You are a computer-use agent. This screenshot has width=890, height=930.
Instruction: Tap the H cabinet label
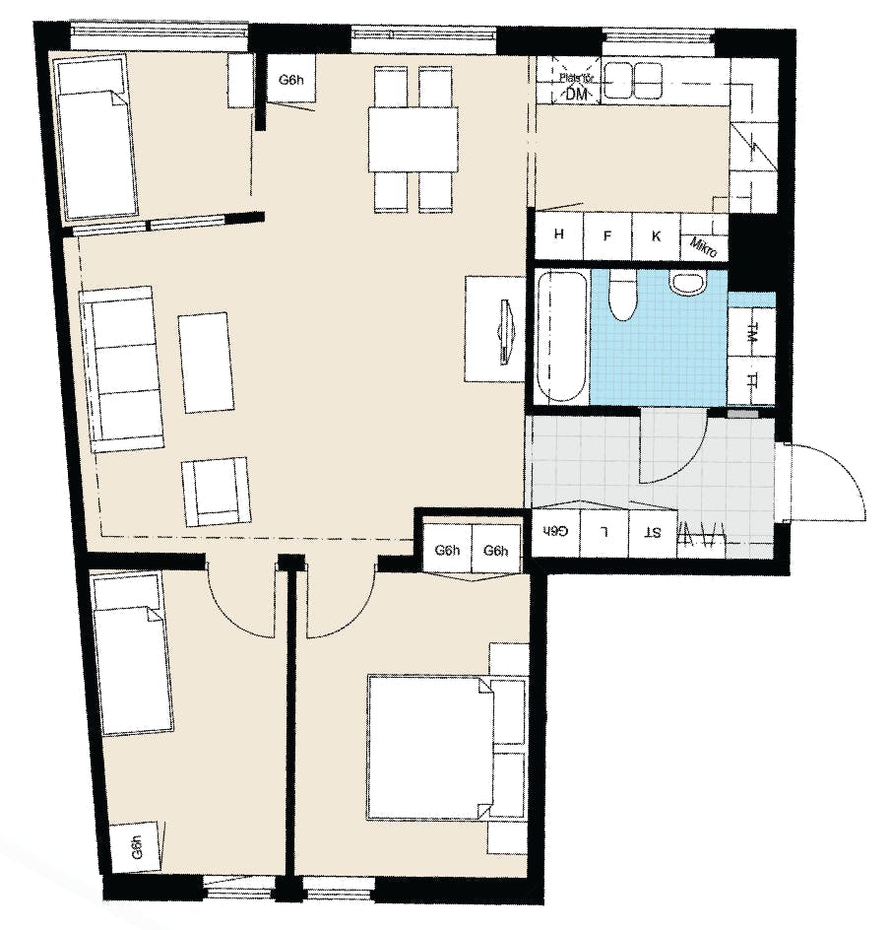559,234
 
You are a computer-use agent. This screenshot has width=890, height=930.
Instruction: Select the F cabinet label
607,235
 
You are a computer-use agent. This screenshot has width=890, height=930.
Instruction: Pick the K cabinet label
655,235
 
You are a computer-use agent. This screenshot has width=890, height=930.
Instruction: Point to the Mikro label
703,245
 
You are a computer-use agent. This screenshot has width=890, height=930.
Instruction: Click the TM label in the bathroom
751,333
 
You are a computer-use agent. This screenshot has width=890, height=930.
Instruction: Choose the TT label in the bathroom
751,380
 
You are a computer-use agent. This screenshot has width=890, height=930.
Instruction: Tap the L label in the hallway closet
605,533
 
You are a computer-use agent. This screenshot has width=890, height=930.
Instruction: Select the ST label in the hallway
653,533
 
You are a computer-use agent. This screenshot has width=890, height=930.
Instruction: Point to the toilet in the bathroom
621,297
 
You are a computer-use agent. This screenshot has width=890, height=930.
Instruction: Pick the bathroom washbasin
687,283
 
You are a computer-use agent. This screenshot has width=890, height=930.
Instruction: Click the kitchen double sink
634,79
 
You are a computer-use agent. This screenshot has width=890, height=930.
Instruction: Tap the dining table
413,139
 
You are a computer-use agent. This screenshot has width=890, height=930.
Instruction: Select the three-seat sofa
122,367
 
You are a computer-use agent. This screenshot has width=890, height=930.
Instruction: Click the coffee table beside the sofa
206,362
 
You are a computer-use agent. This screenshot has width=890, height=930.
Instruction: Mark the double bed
428,747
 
